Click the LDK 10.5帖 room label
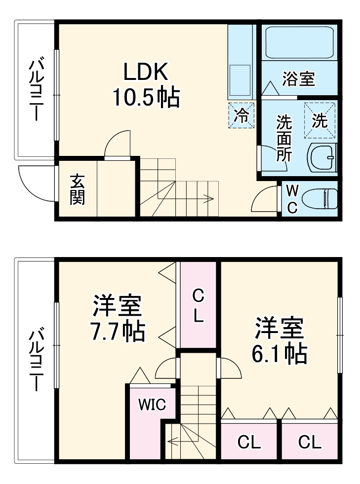(146, 85)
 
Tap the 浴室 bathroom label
(298, 79)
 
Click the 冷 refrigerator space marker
(241, 115)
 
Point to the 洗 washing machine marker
(320, 120)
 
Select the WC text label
(292, 198)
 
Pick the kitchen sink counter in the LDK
(240, 74)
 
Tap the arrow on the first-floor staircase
(209, 199)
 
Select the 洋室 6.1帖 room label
(280, 340)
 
